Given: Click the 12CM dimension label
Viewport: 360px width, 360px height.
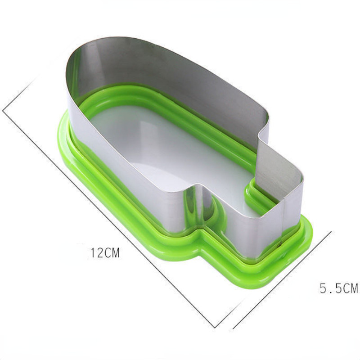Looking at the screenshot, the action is pyautogui.click(x=105, y=252).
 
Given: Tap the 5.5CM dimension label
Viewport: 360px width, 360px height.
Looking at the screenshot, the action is pyautogui.click(x=339, y=288).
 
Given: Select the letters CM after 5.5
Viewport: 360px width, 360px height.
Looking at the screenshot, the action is pyautogui.click(x=351, y=288).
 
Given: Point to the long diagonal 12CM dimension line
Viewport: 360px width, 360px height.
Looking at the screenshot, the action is pyautogui.click(x=108, y=219).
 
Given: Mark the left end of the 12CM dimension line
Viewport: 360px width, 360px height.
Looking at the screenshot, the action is pyautogui.click(x=3, y=111).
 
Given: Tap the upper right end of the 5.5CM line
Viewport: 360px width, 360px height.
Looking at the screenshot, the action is pyautogui.click(x=331, y=231).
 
